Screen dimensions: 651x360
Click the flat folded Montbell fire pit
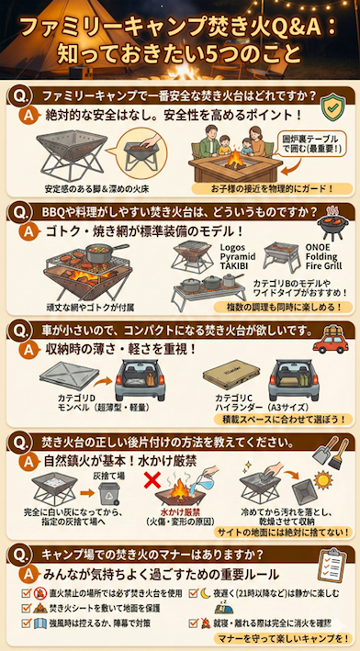click(73, 377)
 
